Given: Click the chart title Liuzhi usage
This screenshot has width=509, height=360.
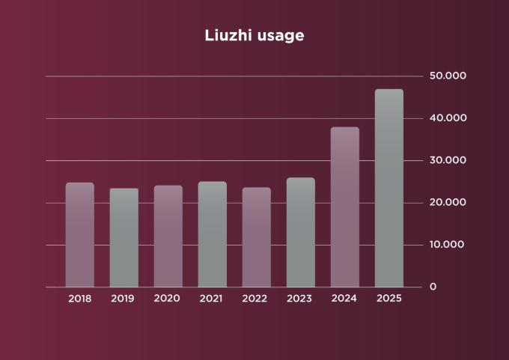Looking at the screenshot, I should [x=254, y=35].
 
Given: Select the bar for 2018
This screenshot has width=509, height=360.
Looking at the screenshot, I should [x=80, y=235].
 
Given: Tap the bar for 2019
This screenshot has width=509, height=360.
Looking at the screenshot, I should [x=124, y=238].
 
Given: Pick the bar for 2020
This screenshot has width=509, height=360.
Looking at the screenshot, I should [x=168, y=237].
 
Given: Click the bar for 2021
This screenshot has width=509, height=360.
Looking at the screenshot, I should [x=212, y=234].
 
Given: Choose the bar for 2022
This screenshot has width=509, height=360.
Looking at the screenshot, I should [x=256, y=237].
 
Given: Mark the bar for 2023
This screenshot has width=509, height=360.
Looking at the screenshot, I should [x=300, y=233].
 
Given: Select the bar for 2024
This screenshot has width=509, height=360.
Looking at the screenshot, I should [x=344, y=207].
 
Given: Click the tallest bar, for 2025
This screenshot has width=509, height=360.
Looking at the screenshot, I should [x=388, y=189].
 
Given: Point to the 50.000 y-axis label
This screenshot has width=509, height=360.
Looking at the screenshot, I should [x=448, y=76].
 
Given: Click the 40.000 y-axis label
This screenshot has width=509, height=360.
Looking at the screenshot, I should [x=448, y=118].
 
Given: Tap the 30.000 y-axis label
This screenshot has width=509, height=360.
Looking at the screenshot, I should [x=448, y=160].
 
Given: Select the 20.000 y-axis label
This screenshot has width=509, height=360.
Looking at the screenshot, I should [x=448, y=203].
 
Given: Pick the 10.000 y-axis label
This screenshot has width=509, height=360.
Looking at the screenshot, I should [x=448, y=245].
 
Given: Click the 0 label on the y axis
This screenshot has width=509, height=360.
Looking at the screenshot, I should [x=433, y=287].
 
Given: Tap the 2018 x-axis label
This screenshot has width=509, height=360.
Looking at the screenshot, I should [x=80, y=299].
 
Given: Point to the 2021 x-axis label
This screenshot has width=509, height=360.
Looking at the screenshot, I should [x=212, y=299].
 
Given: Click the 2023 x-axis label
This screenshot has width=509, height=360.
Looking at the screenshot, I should [x=300, y=299].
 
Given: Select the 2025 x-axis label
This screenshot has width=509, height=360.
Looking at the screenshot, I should [x=388, y=299].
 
